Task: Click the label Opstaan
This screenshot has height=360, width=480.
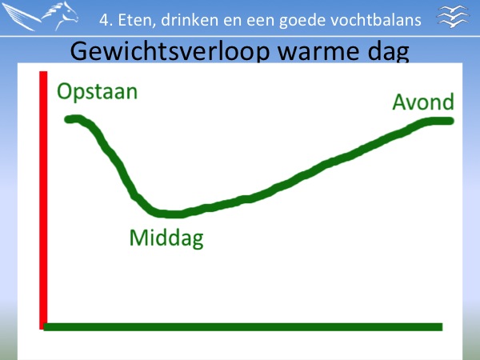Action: (97, 92)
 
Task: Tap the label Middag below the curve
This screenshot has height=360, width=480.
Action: (166, 238)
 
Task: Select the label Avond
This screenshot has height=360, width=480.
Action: (423, 102)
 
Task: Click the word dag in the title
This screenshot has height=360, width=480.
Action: (389, 52)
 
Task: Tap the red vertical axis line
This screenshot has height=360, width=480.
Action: (43, 200)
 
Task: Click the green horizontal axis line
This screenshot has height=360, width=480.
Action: (243, 327)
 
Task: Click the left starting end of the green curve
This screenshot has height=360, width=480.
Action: (68, 120)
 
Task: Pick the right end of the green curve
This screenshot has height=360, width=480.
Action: (450, 122)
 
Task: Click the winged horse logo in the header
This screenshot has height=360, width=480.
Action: (41, 16)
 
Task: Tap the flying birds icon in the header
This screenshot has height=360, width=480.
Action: (453, 16)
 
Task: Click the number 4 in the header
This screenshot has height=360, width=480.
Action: (104, 20)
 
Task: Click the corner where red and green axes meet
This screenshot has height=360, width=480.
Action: (43, 327)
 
